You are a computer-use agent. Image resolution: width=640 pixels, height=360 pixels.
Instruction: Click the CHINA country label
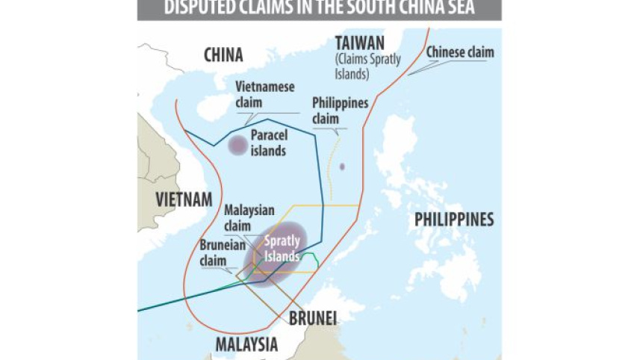pyautogui.click(x=223, y=55)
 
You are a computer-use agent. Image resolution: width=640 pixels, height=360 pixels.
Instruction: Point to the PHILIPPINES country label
pyautogui.click(x=454, y=220)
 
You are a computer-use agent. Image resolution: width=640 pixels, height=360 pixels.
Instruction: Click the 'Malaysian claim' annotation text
pyautogui.click(x=249, y=217)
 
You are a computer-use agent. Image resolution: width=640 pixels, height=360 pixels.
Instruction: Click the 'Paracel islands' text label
pyautogui.click(x=269, y=143)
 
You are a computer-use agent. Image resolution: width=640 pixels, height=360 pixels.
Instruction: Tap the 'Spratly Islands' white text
pyautogui.click(x=282, y=249)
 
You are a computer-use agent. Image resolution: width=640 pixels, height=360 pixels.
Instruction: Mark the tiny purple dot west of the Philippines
pyautogui.click(x=342, y=167)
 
